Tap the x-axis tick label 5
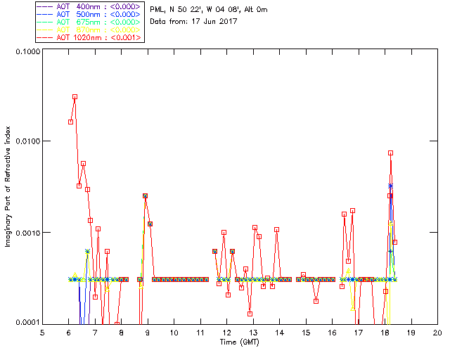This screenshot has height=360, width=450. click(42, 333)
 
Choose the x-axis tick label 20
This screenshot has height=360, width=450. click(437, 333)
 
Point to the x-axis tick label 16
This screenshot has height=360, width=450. click(332, 333)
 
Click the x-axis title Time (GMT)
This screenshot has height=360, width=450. click(239, 342)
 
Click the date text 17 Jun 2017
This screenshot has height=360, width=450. click(213, 22)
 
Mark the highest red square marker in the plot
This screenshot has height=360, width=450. click(75, 97)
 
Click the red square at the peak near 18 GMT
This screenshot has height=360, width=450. click(390, 153)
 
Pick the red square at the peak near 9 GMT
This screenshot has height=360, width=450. click(146, 196)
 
